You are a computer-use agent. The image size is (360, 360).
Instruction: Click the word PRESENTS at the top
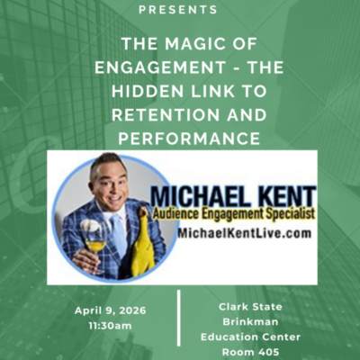click(179, 10)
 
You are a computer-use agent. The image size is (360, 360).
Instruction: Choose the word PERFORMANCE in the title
click(179, 139)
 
